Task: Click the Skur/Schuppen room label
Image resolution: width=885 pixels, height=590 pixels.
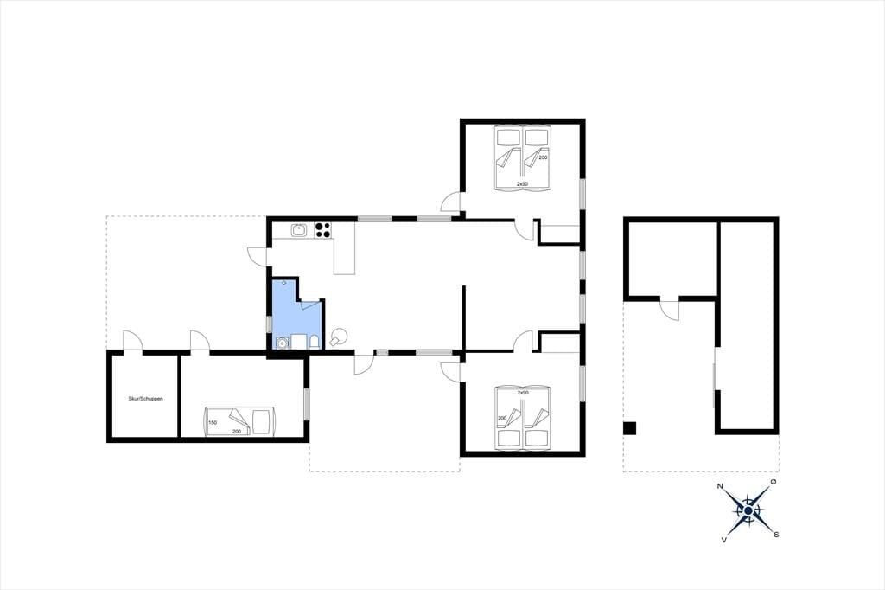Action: point(145,399)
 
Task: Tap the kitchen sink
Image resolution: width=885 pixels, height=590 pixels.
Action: point(298,230)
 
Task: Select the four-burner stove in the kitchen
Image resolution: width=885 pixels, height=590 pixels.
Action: point(323,230)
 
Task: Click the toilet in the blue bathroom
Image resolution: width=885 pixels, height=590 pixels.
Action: point(315,342)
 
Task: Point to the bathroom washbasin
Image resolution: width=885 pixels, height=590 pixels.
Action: point(283,342)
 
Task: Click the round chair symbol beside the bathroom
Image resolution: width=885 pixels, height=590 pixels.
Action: point(339,337)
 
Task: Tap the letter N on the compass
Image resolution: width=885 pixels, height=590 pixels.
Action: point(720,486)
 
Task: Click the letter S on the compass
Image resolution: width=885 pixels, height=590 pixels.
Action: point(777,535)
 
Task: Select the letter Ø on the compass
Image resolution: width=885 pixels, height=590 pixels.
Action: point(774,482)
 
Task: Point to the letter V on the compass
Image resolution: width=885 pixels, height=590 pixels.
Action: point(723,540)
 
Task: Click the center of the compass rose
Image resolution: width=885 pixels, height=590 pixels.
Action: point(748,511)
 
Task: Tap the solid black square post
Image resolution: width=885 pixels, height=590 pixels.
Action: point(630,428)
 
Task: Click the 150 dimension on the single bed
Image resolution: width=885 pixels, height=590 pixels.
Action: point(213,422)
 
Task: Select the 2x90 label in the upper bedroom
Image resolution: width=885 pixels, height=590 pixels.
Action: point(523,184)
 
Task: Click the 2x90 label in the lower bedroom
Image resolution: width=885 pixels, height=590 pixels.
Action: point(523,392)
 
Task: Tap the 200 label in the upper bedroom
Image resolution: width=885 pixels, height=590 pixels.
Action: point(543,157)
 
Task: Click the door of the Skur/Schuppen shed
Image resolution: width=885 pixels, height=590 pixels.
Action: point(133,341)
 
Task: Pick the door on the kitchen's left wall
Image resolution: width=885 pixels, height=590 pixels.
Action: point(258,256)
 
